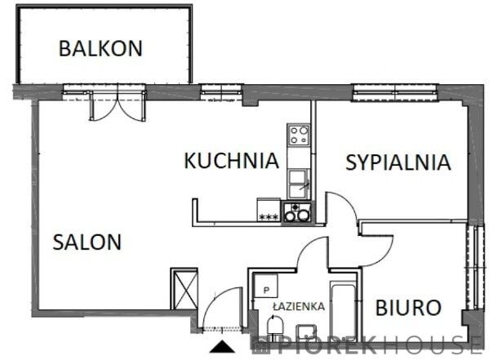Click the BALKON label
tap(100, 48)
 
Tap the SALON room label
tap(87, 242)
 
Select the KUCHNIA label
tap(232, 160)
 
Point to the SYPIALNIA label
tap(398, 162)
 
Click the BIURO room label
tap(408, 308)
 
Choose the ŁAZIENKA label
tap(299, 306)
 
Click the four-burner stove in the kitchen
tap(299, 135)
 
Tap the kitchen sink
tap(299, 184)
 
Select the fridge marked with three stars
tap(269, 210)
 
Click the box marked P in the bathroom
tap(266, 286)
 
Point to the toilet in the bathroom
tap(275, 325)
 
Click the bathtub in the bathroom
tap(344, 308)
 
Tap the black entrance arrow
tap(222, 346)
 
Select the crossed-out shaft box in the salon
tap(184, 289)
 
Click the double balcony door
tap(118, 106)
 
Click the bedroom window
tap(395, 93)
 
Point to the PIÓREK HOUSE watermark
tap(368, 344)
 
